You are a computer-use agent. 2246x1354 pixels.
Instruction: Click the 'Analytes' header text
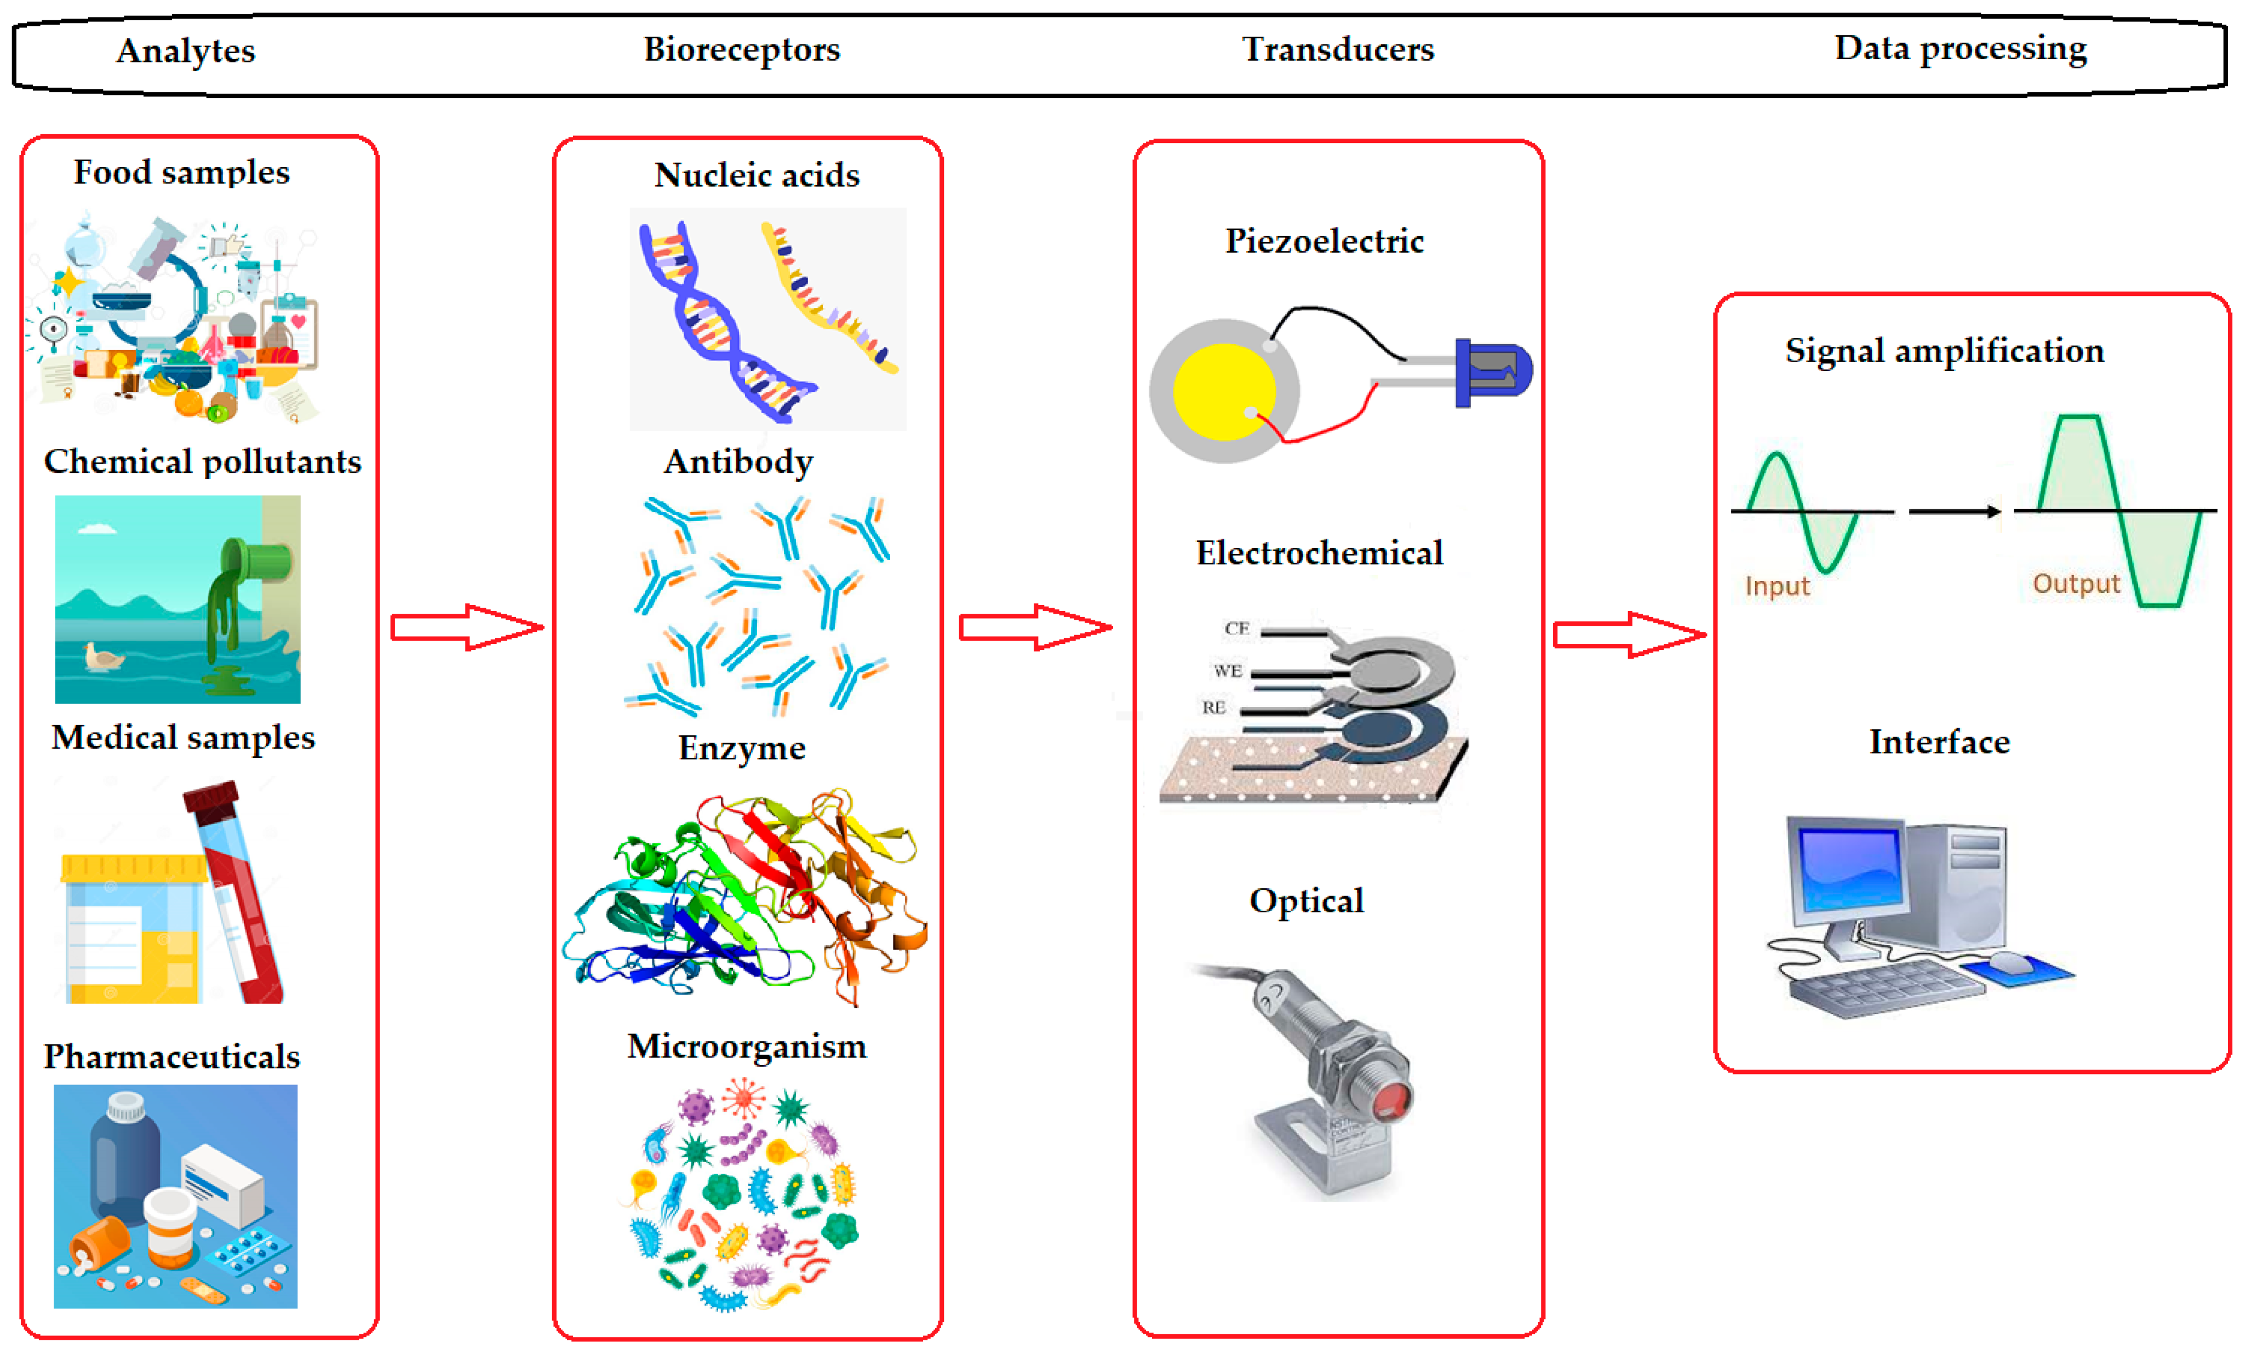click(185, 51)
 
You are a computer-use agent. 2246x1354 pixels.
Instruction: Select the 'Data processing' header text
click(1960, 48)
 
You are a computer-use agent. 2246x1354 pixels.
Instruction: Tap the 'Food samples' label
click(181, 172)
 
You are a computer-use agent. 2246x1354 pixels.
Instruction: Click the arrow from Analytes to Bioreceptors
click(467, 627)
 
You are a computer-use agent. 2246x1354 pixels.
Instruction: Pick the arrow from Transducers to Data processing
click(1629, 635)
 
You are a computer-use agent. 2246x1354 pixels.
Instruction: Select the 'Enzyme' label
click(742, 749)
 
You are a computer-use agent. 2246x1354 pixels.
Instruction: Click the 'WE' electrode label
click(1228, 671)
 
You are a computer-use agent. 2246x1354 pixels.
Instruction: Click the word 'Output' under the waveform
click(2076, 584)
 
